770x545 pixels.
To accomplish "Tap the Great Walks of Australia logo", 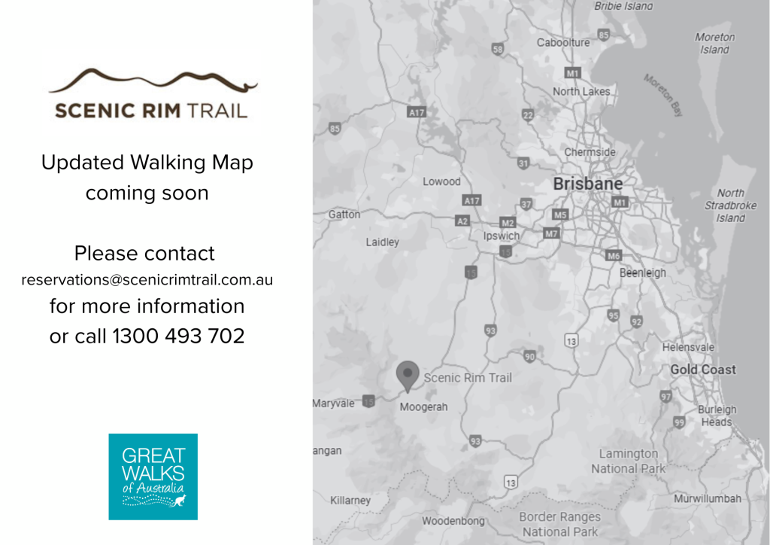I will tap(153, 476).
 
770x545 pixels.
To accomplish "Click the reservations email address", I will tap(147, 280).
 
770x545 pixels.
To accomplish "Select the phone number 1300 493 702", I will tap(179, 336).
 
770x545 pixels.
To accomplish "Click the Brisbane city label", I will tap(587, 184).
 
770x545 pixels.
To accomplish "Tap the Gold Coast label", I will tap(702, 370).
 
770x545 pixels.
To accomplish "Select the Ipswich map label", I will tap(501, 236).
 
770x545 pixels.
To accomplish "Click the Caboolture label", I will tap(562, 43).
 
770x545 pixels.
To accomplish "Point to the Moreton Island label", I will tap(714, 44).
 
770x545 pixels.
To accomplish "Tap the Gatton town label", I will tap(344, 215).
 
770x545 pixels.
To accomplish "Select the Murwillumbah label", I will tap(707, 498).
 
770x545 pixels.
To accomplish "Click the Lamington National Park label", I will tap(628, 461).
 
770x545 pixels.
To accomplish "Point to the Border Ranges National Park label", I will tap(559, 524).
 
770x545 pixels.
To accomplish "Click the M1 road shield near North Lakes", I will tap(572, 73).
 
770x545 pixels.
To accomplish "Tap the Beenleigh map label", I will tap(642, 273).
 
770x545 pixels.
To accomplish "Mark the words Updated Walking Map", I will tap(147, 163).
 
